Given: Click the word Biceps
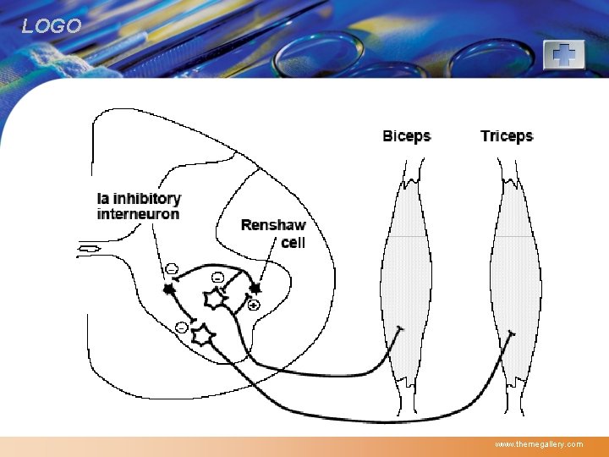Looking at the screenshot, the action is [406, 136].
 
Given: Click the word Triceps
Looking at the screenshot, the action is [507, 136].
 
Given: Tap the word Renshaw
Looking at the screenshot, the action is [272, 225].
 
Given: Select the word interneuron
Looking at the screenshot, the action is [138, 214].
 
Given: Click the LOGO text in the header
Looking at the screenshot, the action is [52, 26].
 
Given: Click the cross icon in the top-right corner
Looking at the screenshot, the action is [563, 55].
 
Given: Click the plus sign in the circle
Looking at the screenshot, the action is [254, 304].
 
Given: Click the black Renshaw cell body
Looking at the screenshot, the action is [255, 289].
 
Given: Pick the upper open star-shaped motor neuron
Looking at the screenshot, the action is [215, 298].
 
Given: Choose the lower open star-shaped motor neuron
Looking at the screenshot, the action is [202, 336].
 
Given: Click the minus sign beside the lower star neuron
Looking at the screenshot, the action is [181, 328].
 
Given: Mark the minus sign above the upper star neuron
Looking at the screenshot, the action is [217, 277].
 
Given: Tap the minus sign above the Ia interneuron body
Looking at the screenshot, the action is [171, 269].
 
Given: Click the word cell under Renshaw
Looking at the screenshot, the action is [293, 242].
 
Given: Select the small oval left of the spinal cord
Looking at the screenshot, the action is [90, 249].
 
